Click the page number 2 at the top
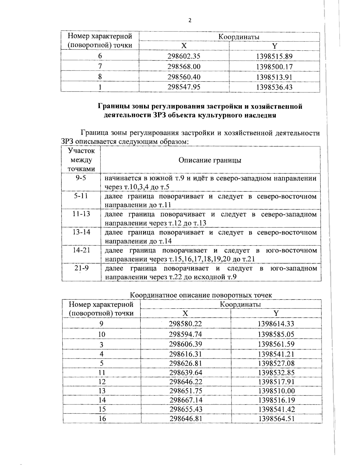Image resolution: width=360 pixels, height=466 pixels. [189, 20]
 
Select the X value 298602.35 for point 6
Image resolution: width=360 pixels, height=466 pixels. [184, 56]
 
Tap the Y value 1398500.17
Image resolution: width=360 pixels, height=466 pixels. [274, 67]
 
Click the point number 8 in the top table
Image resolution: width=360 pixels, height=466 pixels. [100, 77]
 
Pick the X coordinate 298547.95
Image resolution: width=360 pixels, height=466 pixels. [184, 87]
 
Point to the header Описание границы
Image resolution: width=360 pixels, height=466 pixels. [210, 160]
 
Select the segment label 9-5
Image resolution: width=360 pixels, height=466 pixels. [81, 178]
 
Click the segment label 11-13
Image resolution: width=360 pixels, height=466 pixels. [81, 214]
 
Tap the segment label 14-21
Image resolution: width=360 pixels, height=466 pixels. [81, 250]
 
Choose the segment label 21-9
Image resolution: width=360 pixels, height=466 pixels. [81, 268]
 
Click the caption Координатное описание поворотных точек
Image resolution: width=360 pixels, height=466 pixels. [201, 295]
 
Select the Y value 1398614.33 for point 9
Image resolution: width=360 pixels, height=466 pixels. [276, 324]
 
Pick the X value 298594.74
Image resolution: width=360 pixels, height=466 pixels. [185, 334]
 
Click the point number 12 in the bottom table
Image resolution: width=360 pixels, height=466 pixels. [102, 382]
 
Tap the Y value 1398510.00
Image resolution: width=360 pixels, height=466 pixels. [276, 391]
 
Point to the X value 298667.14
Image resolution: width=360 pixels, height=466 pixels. [186, 400]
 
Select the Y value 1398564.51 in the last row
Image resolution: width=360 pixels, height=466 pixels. [276, 419]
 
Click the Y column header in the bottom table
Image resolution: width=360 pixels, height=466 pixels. [276, 313]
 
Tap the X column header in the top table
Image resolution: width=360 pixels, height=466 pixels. [184, 46]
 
